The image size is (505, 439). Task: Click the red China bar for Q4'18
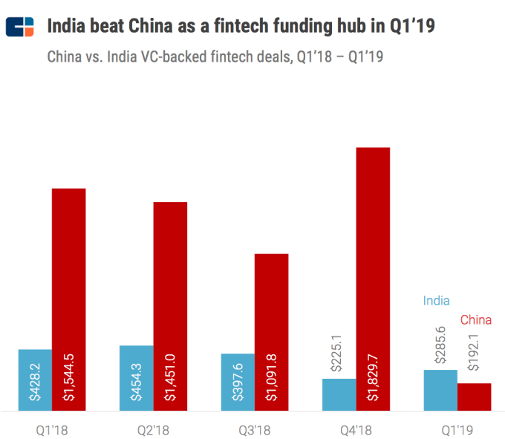[x=373, y=278]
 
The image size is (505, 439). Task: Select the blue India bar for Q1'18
[x=35, y=379]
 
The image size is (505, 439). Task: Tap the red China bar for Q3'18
[x=271, y=331]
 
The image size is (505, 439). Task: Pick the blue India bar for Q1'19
[x=440, y=389]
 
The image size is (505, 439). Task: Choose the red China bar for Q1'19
[x=475, y=396]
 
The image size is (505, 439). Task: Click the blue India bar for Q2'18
[x=137, y=377]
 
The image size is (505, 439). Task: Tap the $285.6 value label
[x=440, y=345]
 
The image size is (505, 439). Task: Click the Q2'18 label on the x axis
[x=153, y=429]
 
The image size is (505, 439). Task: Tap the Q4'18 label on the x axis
[x=356, y=429]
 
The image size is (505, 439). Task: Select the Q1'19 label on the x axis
[x=457, y=429]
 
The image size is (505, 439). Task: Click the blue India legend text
[x=436, y=301]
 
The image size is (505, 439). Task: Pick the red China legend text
[x=476, y=320]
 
